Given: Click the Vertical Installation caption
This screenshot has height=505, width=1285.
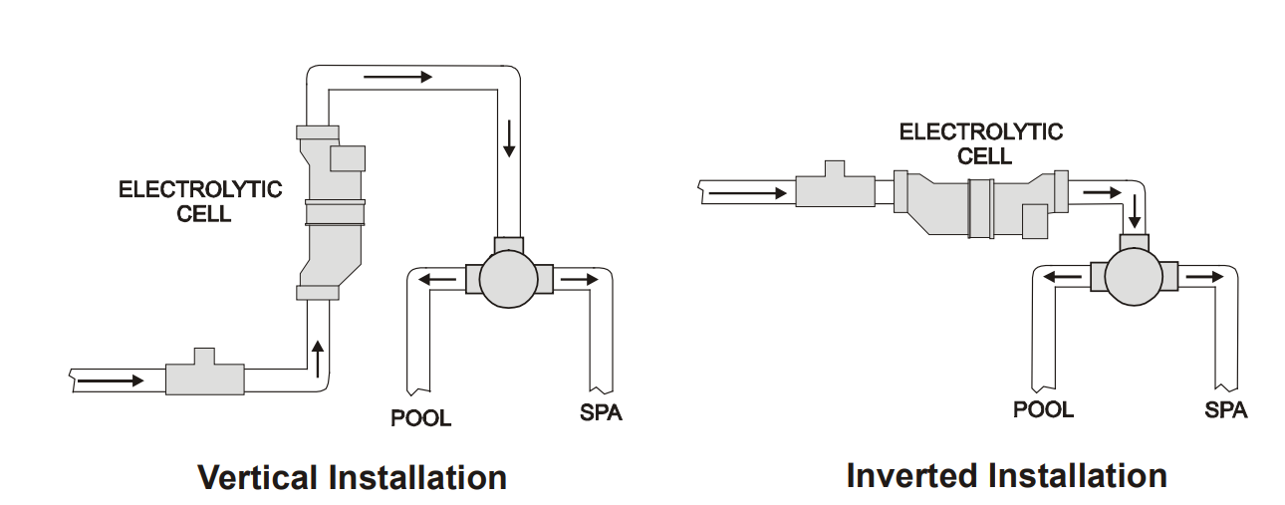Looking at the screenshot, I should point(352,477).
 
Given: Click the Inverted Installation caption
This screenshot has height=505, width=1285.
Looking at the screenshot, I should point(1006,475).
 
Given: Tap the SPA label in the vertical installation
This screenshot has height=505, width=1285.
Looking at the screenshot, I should point(601,412).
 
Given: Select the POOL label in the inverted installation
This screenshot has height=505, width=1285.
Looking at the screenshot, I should point(1043,409).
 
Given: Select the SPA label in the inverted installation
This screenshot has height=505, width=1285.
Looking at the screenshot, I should point(1225,409).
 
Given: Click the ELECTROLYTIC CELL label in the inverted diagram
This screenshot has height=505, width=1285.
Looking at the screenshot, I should point(980,143).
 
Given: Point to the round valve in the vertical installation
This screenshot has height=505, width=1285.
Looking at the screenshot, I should point(509,280).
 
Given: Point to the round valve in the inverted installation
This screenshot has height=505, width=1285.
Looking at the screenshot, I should point(1135,276).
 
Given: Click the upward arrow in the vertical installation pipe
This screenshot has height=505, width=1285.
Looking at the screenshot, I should point(318,356).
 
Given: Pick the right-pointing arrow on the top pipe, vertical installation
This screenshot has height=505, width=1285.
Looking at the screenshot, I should point(397,77).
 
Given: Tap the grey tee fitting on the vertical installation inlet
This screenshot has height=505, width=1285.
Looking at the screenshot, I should point(205,376).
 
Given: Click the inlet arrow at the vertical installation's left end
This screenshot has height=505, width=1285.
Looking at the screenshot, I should point(109,379).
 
